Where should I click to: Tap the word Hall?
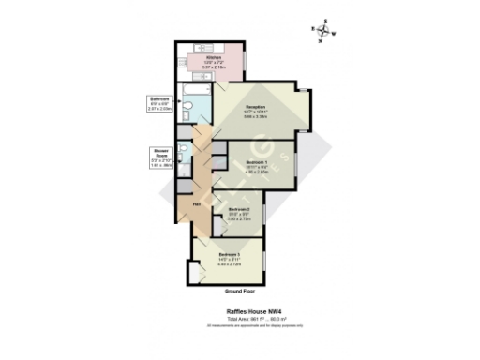198,204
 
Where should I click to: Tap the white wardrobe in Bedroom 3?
197,271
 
